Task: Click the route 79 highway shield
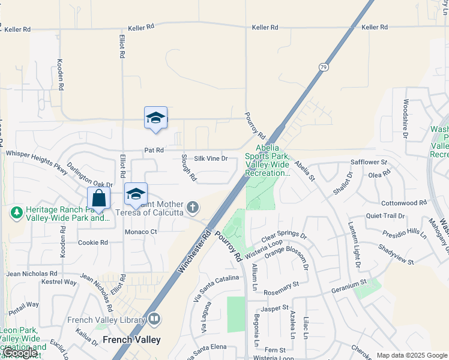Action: click(323, 67)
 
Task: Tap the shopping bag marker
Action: click(98, 198)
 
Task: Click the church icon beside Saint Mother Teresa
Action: click(192, 208)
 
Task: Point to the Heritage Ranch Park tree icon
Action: click(16, 212)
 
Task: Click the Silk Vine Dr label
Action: click(211, 158)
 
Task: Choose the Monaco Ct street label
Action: click(140, 232)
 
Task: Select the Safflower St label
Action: click(369, 162)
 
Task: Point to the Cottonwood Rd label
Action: click(403, 203)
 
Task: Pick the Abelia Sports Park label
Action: click(268, 160)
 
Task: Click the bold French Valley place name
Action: click(131, 340)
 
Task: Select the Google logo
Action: click(20, 353)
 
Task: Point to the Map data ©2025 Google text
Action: click(411, 355)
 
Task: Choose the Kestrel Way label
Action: click(58, 282)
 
